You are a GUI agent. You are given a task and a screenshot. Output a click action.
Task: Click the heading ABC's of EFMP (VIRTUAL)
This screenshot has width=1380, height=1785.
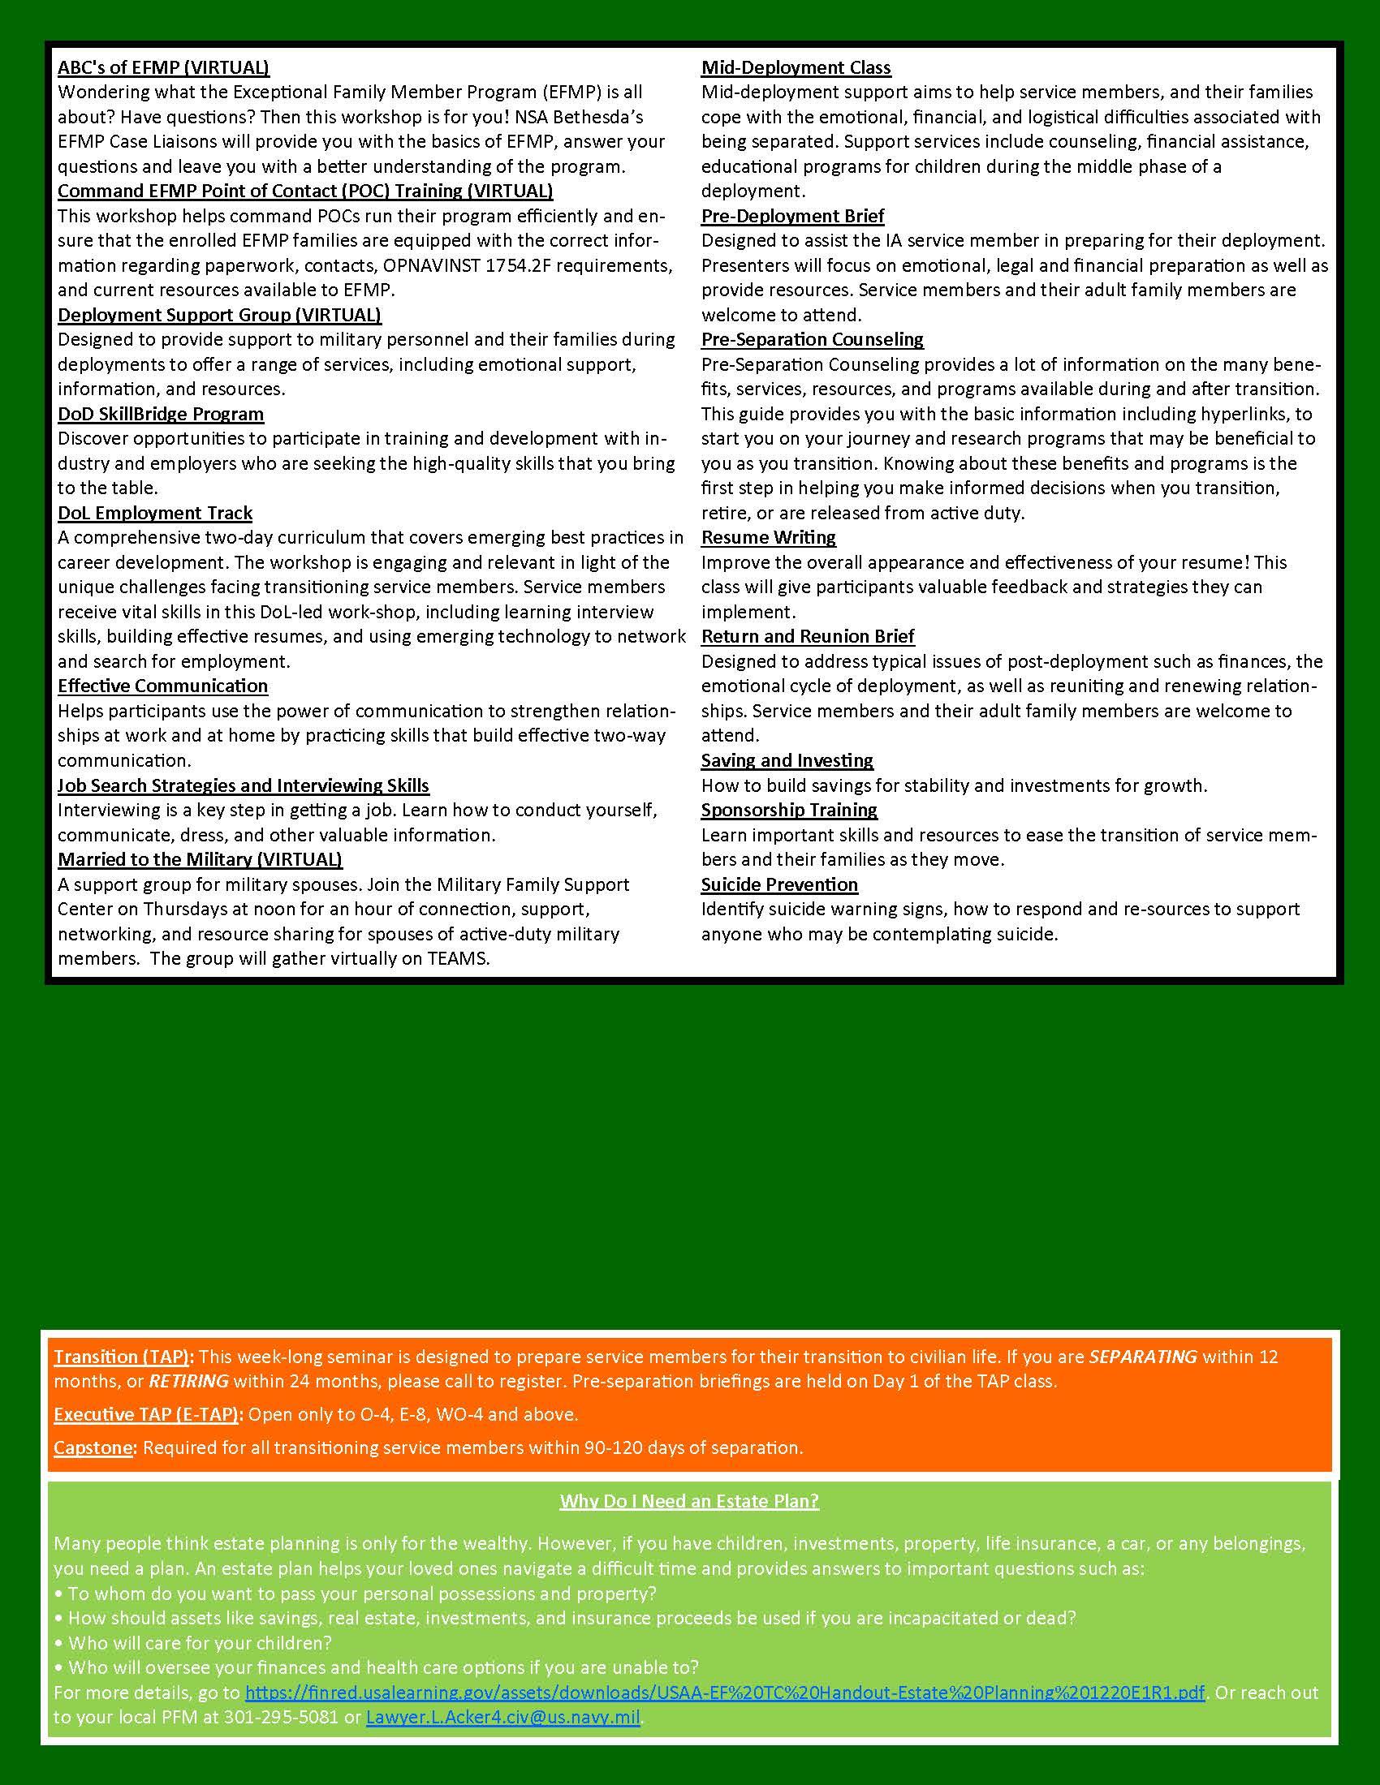[x=163, y=68]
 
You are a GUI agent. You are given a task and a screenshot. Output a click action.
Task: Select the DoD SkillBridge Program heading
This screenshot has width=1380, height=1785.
[x=160, y=415]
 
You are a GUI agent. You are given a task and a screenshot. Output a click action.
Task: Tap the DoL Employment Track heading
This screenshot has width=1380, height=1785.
[x=154, y=514]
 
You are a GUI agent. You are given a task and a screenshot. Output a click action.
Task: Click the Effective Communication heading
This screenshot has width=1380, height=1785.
[x=162, y=686]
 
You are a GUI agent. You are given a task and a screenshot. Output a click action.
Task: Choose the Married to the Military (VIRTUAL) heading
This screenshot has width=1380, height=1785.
[x=200, y=859]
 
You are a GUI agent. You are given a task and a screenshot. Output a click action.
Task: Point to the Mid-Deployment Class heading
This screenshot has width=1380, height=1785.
[x=796, y=68]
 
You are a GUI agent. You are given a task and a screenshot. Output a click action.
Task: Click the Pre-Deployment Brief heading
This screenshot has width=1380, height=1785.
[x=792, y=216]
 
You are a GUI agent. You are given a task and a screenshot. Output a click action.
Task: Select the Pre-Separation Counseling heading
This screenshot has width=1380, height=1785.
[x=812, y=339]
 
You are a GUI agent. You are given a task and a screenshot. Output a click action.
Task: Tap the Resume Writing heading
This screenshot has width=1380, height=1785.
[x=768, y=538]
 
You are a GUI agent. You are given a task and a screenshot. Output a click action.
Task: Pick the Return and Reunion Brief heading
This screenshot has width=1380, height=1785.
[x=807, y=636]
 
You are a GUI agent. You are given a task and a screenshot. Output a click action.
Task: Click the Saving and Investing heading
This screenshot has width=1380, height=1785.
[x=787, y=760]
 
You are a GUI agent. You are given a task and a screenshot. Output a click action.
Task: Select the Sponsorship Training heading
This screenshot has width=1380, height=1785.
[x=788, y=810]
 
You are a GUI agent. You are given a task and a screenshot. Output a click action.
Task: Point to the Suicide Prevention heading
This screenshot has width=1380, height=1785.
[x=779, y=884]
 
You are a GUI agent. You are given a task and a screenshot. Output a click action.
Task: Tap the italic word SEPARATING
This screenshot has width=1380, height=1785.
[x=1142, y=1357]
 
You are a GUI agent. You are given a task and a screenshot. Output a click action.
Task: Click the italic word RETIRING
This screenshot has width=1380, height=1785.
[x=188, y=1381]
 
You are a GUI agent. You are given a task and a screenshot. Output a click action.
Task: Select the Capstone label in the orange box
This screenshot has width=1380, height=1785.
[x=93, y=1447]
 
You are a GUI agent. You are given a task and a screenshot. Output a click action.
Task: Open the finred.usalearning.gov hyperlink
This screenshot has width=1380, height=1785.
[x=724, y=1692]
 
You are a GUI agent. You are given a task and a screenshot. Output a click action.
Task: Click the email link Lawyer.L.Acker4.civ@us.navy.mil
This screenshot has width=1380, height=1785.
[x=502, y=1716]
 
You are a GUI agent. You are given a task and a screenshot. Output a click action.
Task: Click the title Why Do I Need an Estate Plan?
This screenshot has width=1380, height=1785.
[x=689, y=1501]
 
